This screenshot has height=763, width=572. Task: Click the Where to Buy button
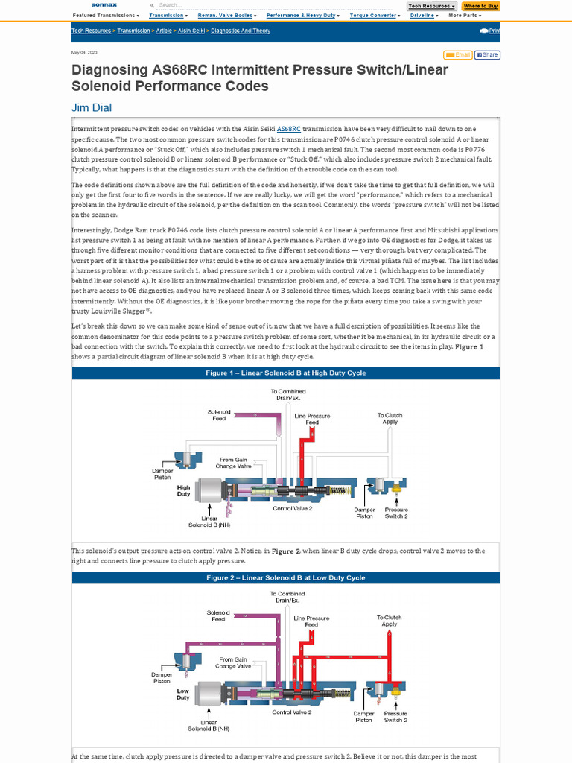[481, 6]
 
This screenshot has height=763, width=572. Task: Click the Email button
[458, 54]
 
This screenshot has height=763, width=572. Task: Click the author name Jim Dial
[92, 107]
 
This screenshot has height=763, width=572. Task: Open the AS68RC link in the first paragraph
[288, 129]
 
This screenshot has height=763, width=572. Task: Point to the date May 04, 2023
[84, 53]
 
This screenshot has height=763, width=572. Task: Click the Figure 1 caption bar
[286, 373]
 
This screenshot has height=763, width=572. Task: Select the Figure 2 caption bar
[286, 577]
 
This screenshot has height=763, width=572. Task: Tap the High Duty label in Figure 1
[183, 490]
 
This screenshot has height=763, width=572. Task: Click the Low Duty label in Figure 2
[183, 694]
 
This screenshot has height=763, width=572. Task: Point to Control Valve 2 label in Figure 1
[292, 508]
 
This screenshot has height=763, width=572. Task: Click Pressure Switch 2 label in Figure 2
[395, 716]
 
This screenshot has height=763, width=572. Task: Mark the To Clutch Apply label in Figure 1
[390, 418]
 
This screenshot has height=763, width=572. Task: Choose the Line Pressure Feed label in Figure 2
[311, 621]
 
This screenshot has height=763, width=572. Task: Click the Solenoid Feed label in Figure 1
[219, 414]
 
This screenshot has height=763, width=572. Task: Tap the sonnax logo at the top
[104, 5]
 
